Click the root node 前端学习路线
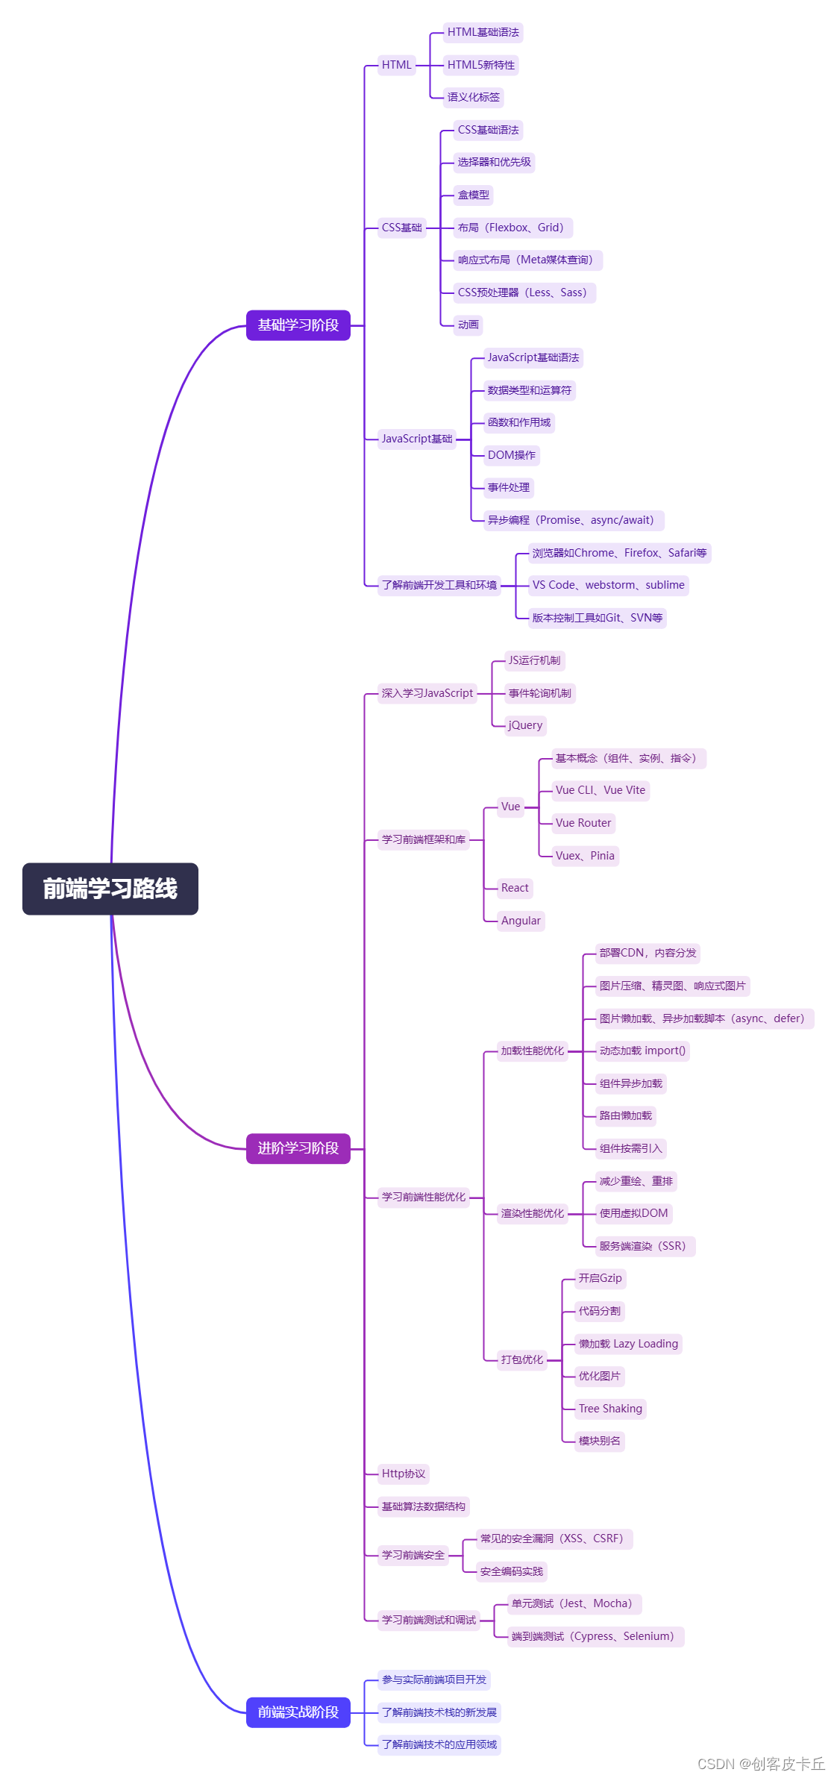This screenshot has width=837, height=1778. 110,889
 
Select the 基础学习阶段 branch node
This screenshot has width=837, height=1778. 298,325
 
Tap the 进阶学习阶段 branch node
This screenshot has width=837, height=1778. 298,1148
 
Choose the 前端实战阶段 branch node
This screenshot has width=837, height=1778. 298,1712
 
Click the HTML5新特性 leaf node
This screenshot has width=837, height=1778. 481,65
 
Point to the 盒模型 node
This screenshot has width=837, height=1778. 474,195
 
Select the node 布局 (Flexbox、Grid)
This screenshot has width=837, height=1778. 512,228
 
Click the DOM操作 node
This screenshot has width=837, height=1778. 512,455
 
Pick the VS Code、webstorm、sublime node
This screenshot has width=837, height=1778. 609,585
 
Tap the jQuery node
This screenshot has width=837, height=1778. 525,725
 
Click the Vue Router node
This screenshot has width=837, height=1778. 583,823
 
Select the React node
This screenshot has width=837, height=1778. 515,888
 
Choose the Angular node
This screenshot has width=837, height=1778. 521,921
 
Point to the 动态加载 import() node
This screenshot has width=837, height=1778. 642,1051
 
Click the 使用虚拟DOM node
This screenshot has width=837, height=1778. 634,1213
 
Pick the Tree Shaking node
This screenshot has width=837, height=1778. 610,1409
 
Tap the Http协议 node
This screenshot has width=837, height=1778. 404,1474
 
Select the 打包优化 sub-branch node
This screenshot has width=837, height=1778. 522,1359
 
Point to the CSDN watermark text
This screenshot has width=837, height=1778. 761,1764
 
